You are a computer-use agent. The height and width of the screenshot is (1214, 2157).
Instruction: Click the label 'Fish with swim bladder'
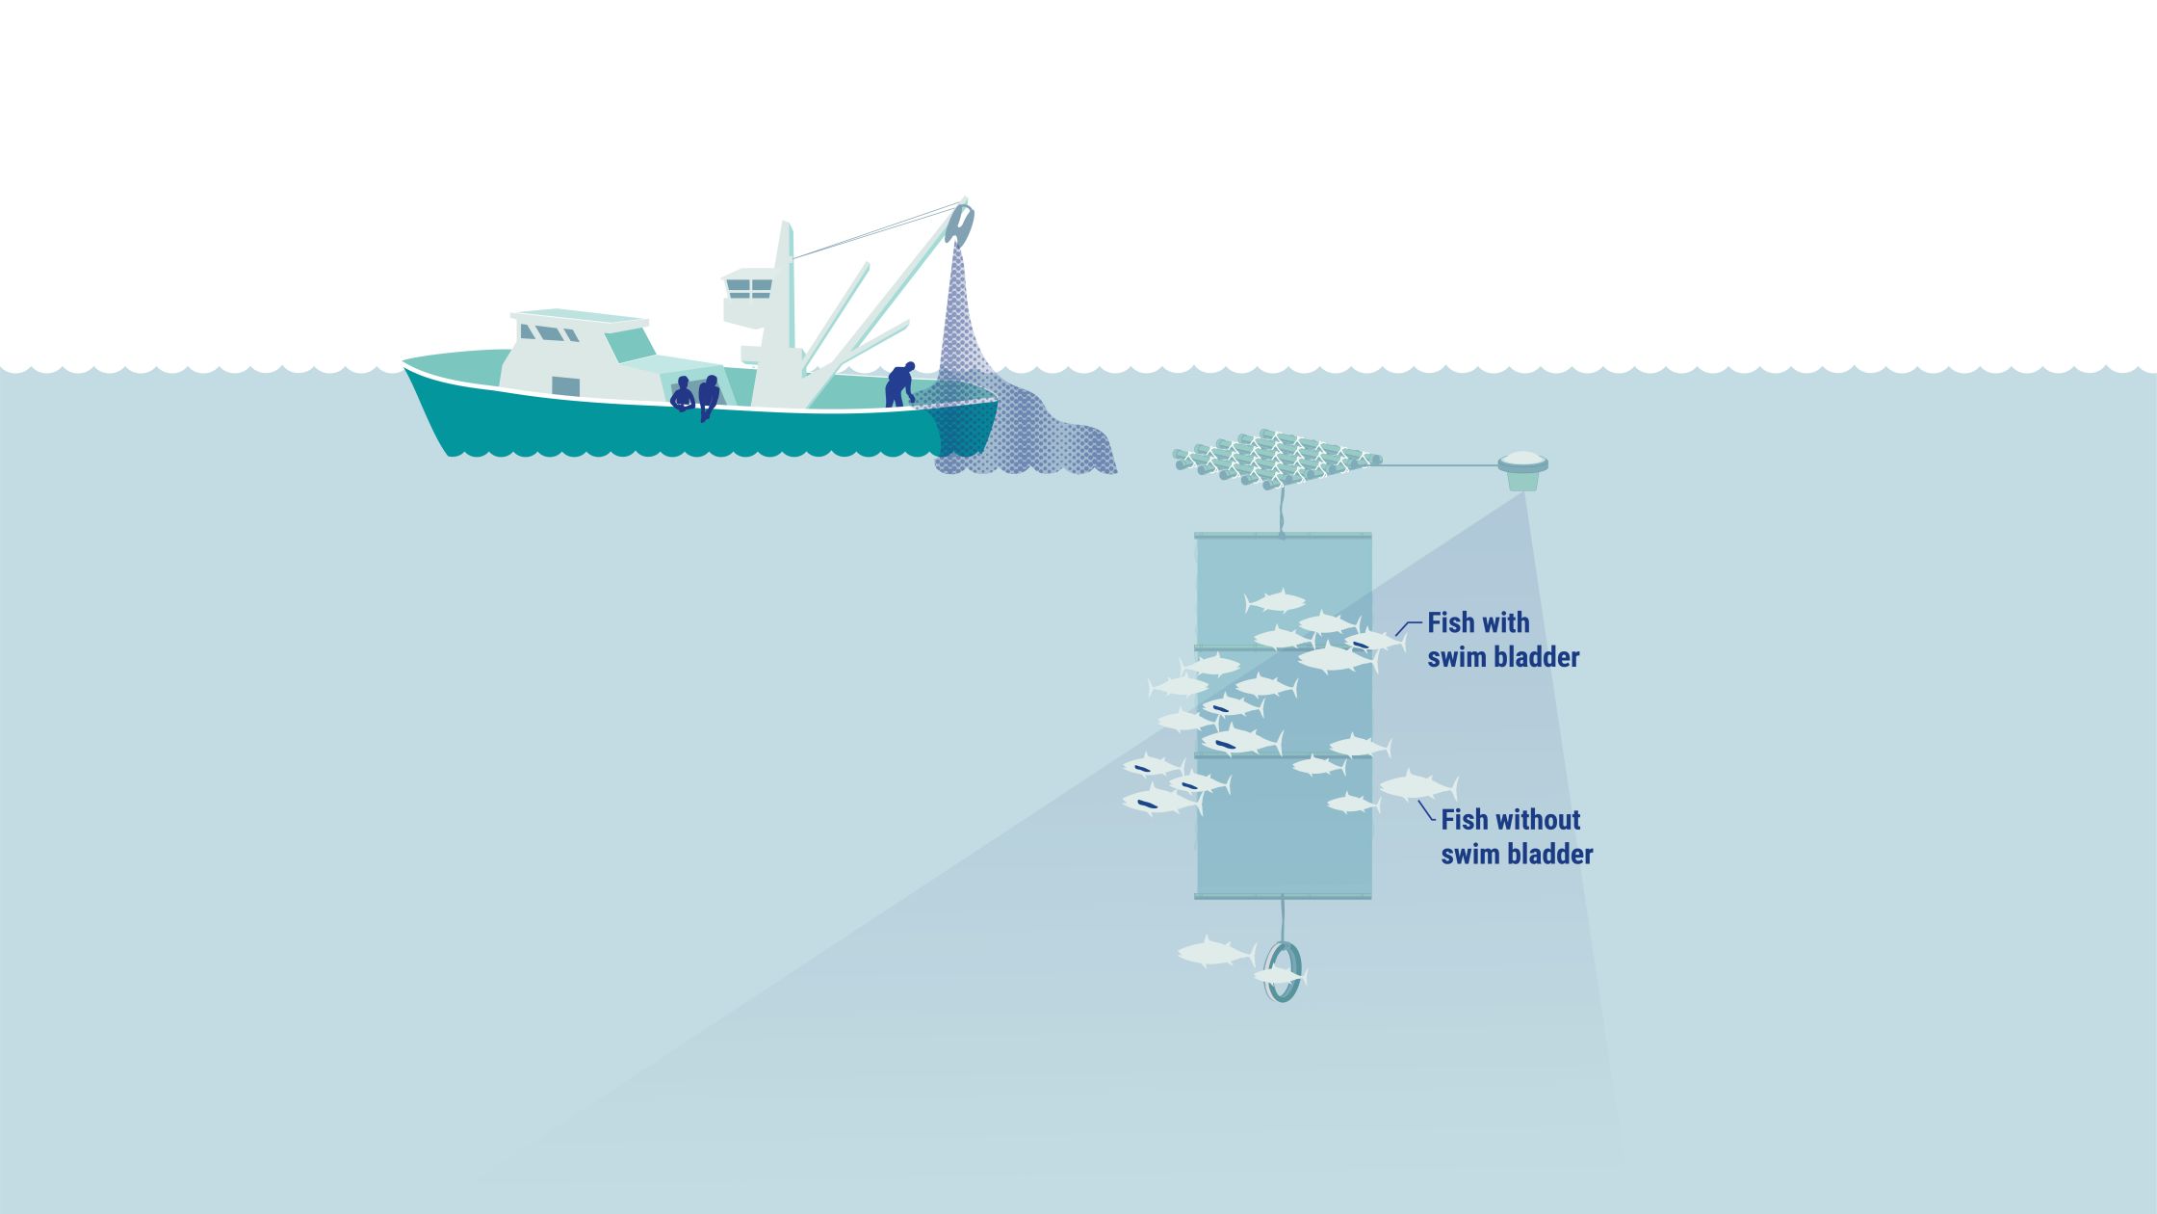point(1502,640)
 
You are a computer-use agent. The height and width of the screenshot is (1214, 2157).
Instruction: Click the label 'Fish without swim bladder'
point(1516,836)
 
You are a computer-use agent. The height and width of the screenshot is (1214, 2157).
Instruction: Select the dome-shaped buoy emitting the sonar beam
point(1522,467)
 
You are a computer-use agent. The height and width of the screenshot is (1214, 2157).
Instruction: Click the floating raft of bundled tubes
point(1276,458)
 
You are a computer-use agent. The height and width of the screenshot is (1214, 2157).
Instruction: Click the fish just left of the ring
point(1215,953)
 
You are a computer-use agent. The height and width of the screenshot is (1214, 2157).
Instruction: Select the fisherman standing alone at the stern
point(899,385)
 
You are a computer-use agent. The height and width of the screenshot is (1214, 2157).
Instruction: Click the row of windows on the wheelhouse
point(550,333)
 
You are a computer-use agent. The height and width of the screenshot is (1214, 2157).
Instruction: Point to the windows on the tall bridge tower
point(749,288)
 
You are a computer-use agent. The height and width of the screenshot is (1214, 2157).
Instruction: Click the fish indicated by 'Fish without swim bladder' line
point(1416,787)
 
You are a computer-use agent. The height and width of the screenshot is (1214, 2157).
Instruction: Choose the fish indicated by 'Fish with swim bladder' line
point(1373,641)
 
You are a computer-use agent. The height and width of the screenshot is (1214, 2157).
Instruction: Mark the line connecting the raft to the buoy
point(1440,465)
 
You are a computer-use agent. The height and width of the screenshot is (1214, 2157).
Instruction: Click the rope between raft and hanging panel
point(1281,511)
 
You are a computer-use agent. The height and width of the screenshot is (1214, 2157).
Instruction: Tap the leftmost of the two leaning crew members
point(683,395)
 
